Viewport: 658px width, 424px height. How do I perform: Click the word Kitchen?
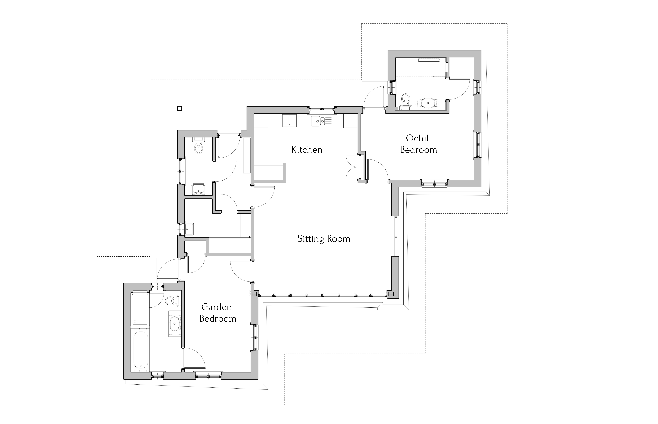[x=307, y=150]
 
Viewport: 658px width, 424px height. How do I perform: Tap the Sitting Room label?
[x=324, y=239]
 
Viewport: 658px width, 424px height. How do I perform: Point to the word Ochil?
[x=417, y=138]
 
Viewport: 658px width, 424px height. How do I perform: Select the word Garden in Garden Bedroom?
[x=217, y=307]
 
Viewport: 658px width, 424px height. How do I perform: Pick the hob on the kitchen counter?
[x=289, y=121]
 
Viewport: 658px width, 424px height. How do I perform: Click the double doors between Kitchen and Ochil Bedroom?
[x=353, y=167]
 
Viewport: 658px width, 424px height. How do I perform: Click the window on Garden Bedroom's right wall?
[x=254, y=338]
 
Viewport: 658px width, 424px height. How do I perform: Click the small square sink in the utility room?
[x=189, y=229]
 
